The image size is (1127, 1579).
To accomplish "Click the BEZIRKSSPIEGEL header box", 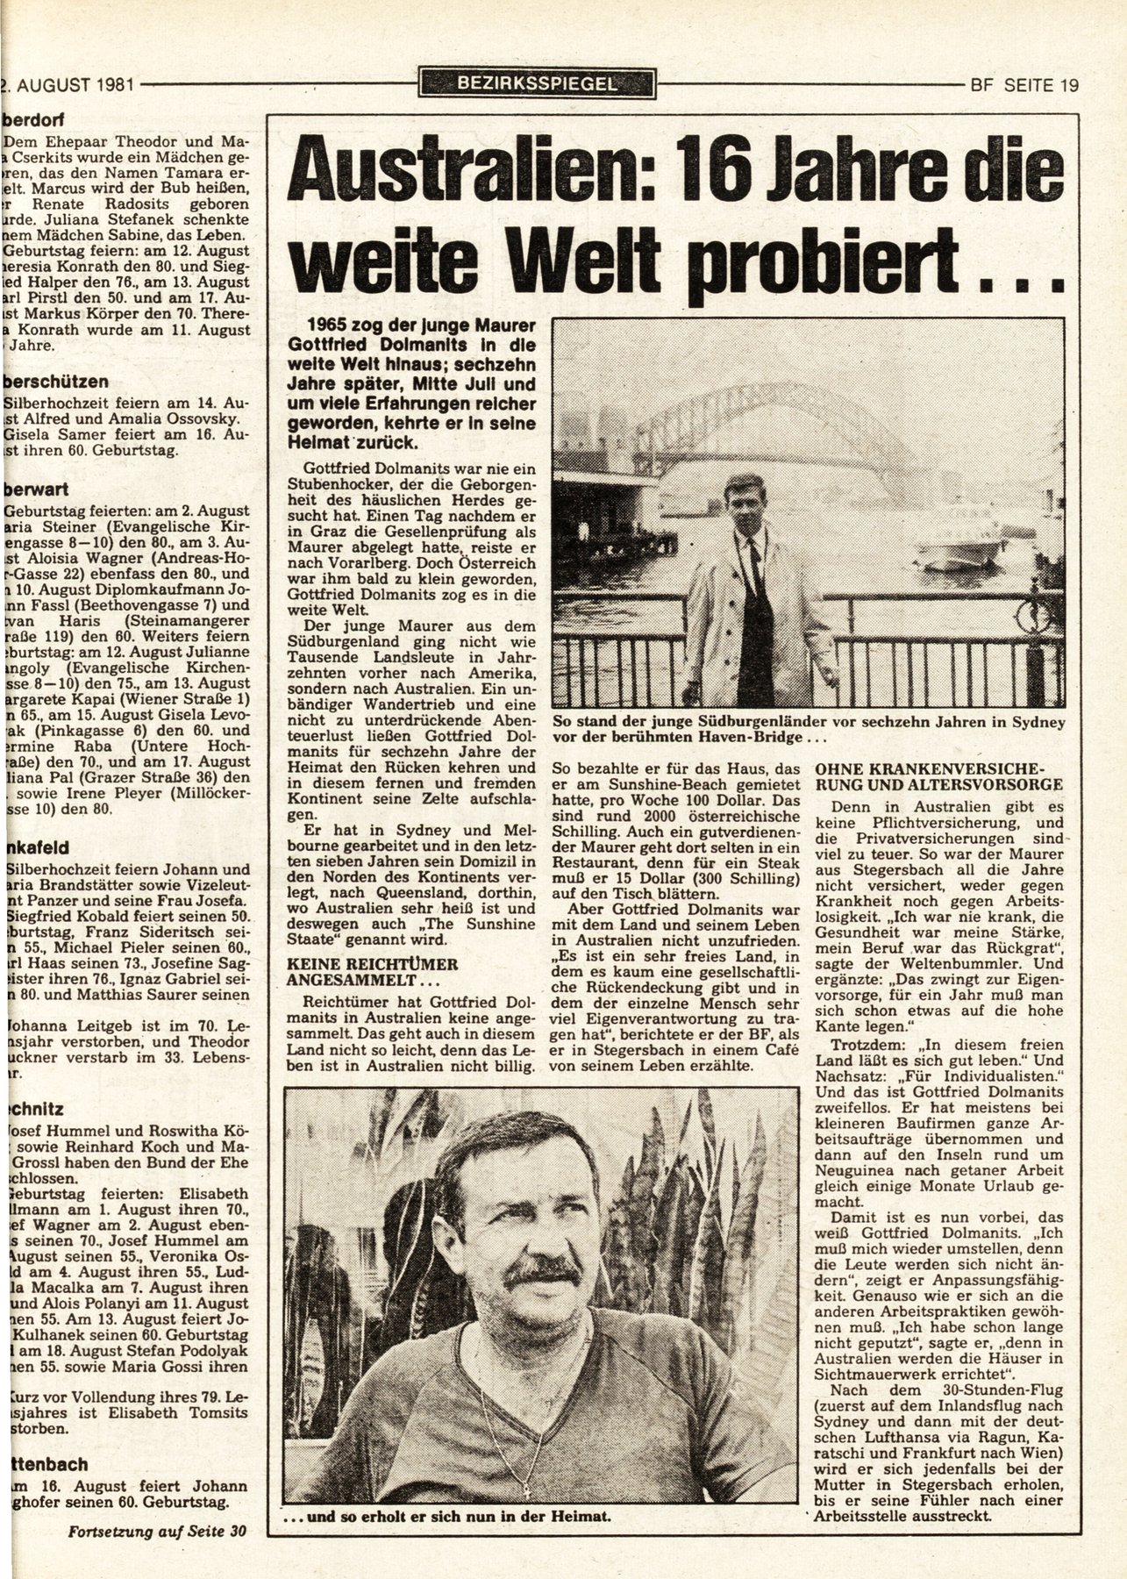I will click(537, 85).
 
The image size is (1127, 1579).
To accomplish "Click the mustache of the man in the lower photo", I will click(546, 1271).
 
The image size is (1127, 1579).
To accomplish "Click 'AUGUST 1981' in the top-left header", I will click(74, 86).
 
